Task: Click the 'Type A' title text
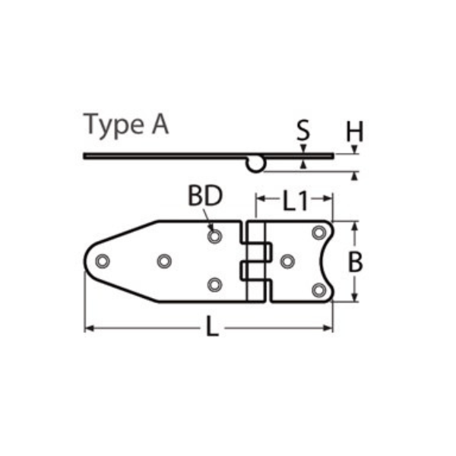point(126,125)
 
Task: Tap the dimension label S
point(303,130)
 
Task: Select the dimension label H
point(355,131)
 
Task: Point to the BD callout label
point(205,196)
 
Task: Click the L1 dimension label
point(295,201)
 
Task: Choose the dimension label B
point(355,261)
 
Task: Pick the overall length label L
point(212,327)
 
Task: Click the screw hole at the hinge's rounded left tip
point(103,261)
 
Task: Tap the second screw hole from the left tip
point(164,261)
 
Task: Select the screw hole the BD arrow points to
point(214,236)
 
